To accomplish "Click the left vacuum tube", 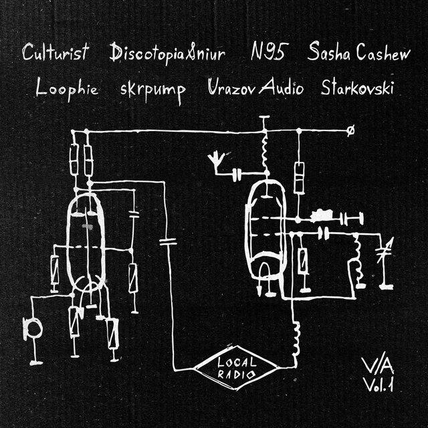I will point(86,241).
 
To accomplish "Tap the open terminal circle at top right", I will point(352,132).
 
